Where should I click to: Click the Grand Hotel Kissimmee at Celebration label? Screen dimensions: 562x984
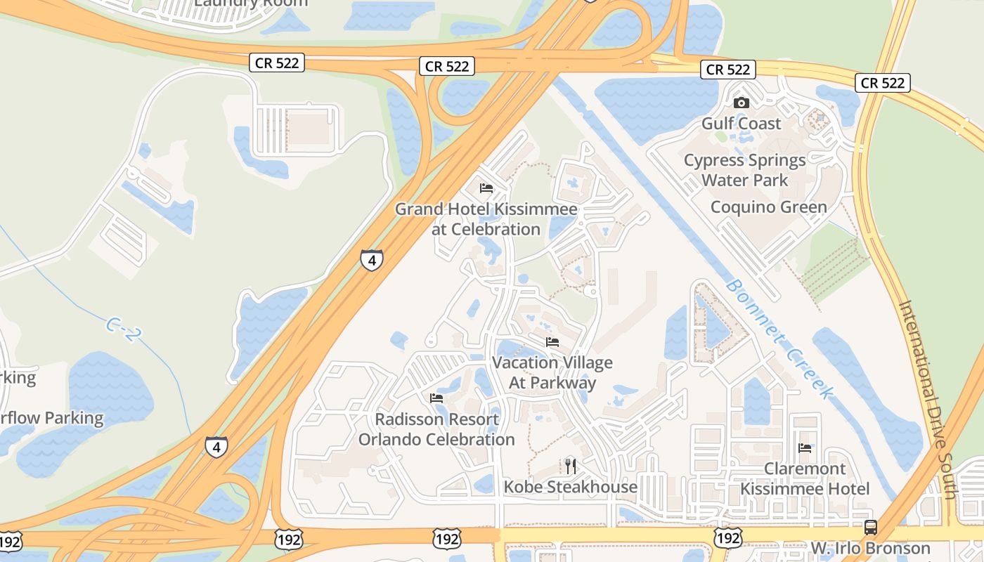pyautogui.click(x=486, y=219)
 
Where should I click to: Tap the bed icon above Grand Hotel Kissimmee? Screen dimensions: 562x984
pyautogui.click(x=486, y=188)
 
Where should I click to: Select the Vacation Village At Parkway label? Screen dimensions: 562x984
pyautogui.click(x=552, y=373)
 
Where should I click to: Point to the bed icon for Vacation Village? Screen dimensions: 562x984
pyautogui.click(x=552, y=342)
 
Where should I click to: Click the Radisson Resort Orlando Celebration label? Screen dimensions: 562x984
pyautogui.click(x=436, y=429)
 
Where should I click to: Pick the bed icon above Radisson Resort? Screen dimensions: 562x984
pyautogui.click(x=436, y=398)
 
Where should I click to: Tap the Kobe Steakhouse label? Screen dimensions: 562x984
pyautogui.click(x=570, y=487)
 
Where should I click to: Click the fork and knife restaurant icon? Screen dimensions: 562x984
pyautogui.click(x=570, y=466)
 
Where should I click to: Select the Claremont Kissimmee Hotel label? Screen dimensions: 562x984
pyautogui.click(x=805, y=478)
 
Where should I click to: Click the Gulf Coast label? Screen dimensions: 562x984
pyautogui.click(x=741, y=124)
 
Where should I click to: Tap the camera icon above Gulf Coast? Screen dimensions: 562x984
pyautogui.click(x=741, y=103)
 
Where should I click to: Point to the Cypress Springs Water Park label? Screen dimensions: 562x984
pyautogui.click(x=744, y=170)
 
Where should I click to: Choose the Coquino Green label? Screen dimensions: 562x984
pyautogui.click(x=768, y=207)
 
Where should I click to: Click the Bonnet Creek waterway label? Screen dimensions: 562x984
pyautogui.click(x=779, y=338)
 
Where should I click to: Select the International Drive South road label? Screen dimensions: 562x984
pyautogui.click(x=928, y=399)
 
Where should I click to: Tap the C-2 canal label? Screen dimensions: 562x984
pyautogui.click(x=120, y=329)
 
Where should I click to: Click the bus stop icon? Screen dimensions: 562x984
pyautogui.click(x=870, y=527)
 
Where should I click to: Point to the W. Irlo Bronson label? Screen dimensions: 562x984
pyautogui.click(x=870, y=548)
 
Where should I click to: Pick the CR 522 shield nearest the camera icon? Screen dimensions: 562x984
pyautogui.click(x=728, y=70)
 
